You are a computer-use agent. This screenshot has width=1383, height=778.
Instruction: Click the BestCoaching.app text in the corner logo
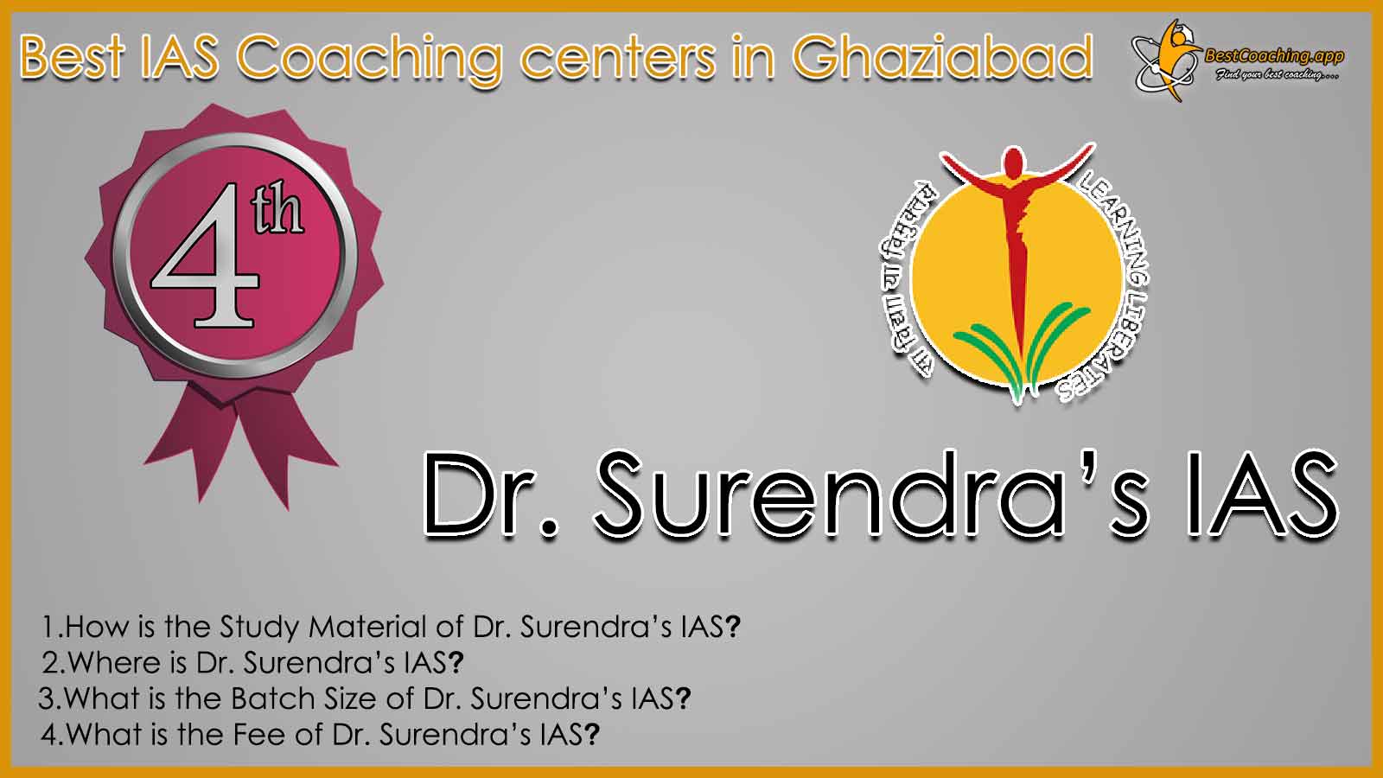[1274, 57]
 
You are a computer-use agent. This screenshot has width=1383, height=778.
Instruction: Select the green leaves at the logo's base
[1022, 352]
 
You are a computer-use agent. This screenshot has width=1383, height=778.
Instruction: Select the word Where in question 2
[114, 662]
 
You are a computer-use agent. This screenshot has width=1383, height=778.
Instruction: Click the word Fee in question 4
[258, 734]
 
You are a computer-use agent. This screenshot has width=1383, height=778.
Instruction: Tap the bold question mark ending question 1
[732, 628]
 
